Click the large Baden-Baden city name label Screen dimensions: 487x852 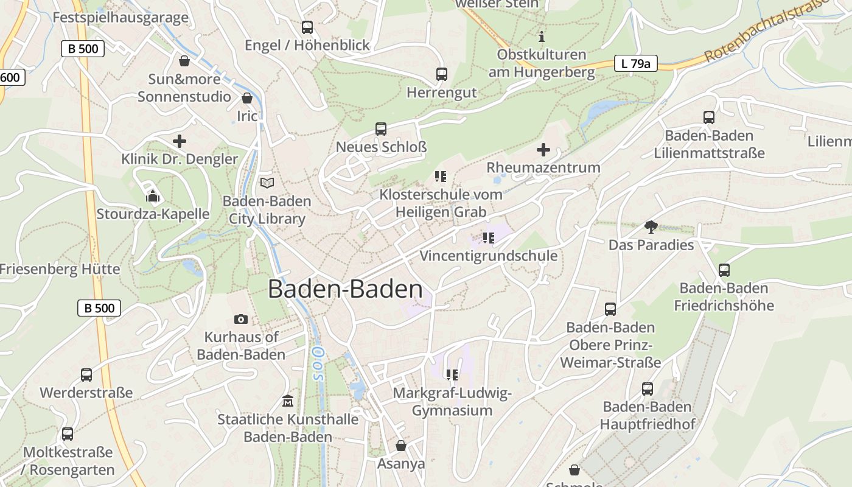coord(345,289)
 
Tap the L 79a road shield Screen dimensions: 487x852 coord(635,63)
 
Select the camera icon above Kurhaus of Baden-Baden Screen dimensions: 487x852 coord(241,320)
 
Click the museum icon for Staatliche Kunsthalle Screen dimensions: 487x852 coord(288,401)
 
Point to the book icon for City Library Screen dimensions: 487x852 coord(267,183)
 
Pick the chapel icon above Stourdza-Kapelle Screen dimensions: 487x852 coord(152,196)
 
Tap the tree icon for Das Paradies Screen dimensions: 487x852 coord(651,228)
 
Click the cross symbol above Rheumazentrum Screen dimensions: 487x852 coord(543,150)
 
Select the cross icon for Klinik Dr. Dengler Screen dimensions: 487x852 coord(180,141)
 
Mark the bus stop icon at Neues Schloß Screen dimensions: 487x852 coord(381,129)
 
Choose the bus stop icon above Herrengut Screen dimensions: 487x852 coord(442,74)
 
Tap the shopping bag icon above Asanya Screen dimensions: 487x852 coord(401,446)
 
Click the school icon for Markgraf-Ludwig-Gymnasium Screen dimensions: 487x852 coord(452,374)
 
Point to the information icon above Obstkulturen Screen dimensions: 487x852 coord(542,37)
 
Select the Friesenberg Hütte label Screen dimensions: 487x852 coord(60,269)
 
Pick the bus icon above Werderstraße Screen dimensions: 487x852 coord(86,375)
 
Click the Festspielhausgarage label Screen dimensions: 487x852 coord(120,17)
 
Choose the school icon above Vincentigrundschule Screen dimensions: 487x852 coord(488,237)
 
